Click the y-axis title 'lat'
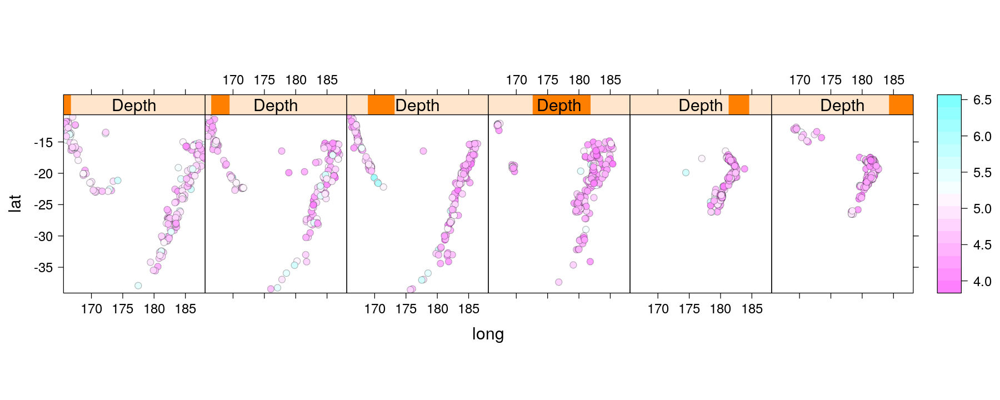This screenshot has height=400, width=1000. coord(15,203)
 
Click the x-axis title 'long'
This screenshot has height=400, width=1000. coord(488,334)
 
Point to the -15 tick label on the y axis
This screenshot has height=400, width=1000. coord(43,143)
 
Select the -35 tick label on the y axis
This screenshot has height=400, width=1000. coord(43,268)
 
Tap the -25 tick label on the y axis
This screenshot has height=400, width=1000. coord(43,205)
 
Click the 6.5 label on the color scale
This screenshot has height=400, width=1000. coord(982,100)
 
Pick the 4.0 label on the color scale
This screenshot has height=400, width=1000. coord(982,282)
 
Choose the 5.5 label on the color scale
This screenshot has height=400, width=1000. coord(982,173)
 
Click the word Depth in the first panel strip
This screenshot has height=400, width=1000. coord(134,105)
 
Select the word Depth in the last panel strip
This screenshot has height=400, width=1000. coord(842,105)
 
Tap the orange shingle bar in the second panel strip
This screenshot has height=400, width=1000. coord(220,105)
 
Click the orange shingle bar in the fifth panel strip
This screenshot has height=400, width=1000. coord(739,105)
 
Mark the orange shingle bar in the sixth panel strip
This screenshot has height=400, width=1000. coord(901,105)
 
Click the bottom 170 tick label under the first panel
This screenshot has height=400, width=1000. coord(91,309)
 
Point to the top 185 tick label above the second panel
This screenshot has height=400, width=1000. coord(327,80)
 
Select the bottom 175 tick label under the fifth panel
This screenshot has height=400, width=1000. coord(689,309)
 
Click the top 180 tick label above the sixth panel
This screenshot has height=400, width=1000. coord(862,80)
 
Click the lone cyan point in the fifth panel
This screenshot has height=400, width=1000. coord(686,173)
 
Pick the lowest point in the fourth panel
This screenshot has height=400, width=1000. coord(558,282)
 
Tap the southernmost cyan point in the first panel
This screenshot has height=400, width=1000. coord(138,286)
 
